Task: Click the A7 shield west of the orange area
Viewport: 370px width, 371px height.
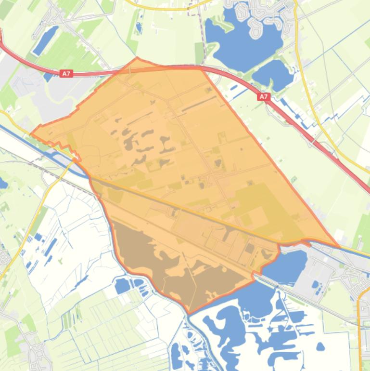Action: coord(66,74)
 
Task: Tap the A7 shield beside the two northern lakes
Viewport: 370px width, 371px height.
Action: coord(263,97)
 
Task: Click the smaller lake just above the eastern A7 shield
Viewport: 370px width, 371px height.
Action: coord(273,73)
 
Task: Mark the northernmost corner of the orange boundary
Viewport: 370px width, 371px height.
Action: coord(137,58)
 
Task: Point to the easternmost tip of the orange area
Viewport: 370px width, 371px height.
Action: coord(339,247)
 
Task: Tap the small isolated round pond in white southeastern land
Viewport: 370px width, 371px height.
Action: coord(320,346)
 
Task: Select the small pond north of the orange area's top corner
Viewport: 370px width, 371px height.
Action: coord(139,27)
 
